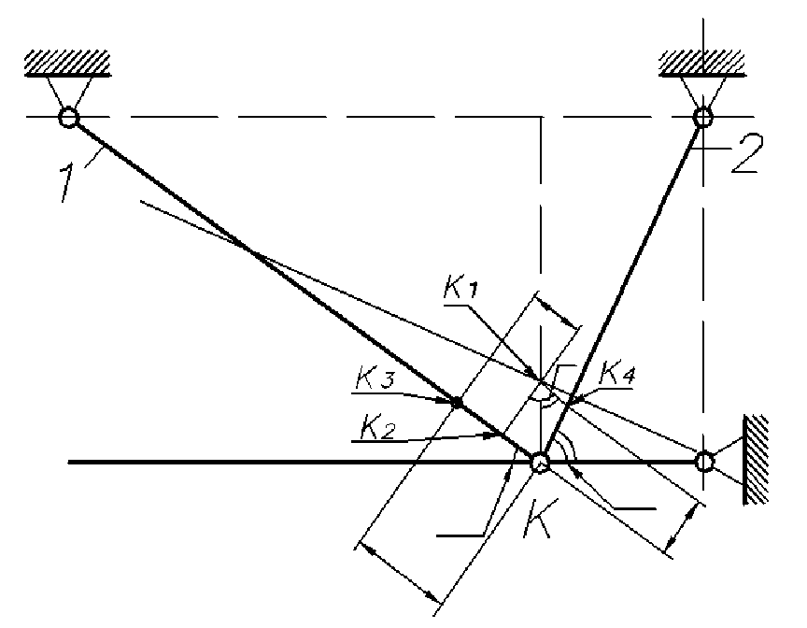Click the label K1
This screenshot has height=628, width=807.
click(460, 289)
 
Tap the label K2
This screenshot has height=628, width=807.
click(376, 427)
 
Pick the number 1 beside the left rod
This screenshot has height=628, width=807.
click(67, 183)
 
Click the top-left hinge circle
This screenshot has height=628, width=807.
click(68, 118)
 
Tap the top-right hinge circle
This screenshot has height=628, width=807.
click(702, 118)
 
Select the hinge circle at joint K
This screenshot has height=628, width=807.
click(541, 462)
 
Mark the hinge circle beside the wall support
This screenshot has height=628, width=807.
click(704, 462)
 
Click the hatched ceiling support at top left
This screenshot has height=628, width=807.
click(67, 64)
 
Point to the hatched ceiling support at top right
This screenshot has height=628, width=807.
click(702, 64)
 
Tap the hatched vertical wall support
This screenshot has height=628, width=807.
click(755, 460)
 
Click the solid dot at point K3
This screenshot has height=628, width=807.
click(457, 403)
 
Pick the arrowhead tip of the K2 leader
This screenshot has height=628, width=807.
click(497, 435)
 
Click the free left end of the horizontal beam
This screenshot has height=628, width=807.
click(69, 463)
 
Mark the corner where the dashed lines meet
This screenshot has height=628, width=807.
click(541, 117)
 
